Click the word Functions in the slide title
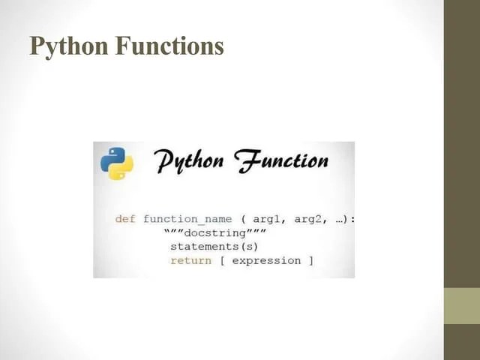click(169, 46)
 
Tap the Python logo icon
click(117, 163)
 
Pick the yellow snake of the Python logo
click(121, 169)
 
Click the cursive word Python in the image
click(194, 162)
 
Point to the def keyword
click(124, 219)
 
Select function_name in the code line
click(187, 219)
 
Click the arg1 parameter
click(266, 219)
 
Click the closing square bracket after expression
click(310, 260)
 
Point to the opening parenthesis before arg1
click(244, 219)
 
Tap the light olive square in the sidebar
click(461, 306)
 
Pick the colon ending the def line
click(352, 219)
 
